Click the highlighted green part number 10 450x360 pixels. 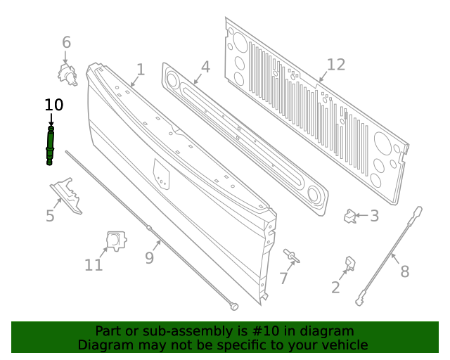coord(50,146)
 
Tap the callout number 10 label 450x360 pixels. coord(53,105)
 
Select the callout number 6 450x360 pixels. coord(66,43)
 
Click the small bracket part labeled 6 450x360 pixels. coord(67,73)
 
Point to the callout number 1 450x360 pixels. coord(141,70)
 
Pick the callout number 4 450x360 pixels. coord(205,67)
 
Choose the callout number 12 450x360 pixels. coord(336,65)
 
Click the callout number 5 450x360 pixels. coord(50,216)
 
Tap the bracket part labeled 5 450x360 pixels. coord(66,194)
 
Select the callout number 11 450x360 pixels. coord(94,265)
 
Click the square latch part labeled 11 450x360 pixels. coord(115,240)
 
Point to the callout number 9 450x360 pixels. coord(149,258)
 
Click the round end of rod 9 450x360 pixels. coord(234,306)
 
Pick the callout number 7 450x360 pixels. coord(283,278)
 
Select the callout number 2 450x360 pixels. coord(335,287)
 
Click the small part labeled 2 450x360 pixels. coord(349,263)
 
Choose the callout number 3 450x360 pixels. coord(374,217)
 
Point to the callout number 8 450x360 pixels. coord(404,271)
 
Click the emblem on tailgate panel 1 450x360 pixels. coord(161,174)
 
